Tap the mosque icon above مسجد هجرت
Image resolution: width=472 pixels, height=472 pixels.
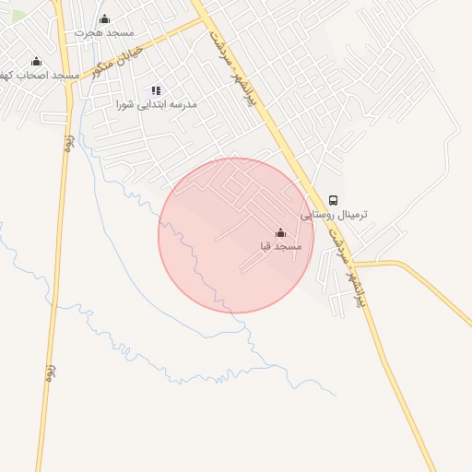tap(104, 18)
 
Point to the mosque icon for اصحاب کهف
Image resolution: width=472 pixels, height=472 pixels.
tap(37, 61)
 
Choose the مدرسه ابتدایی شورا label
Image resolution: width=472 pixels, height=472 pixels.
tap(157, 105)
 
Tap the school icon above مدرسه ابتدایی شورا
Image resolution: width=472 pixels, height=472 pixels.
tap(157, 91)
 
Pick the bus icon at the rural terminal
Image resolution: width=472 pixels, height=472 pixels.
tap(333, 200)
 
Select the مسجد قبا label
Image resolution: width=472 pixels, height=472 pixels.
tap(281, 247)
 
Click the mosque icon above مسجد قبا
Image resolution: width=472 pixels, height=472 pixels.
tap(281, 233)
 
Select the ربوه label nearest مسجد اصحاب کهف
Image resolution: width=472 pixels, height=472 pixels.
tap(69, 143)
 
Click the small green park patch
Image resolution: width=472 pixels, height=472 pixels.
tap(18, 16)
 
